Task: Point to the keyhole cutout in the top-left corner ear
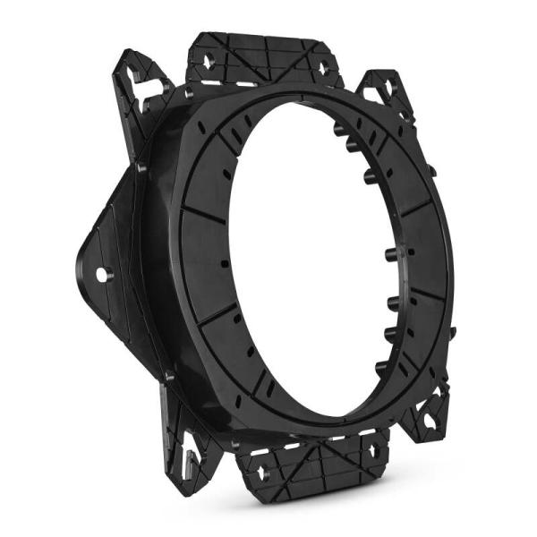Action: click(x=135, y=79)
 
